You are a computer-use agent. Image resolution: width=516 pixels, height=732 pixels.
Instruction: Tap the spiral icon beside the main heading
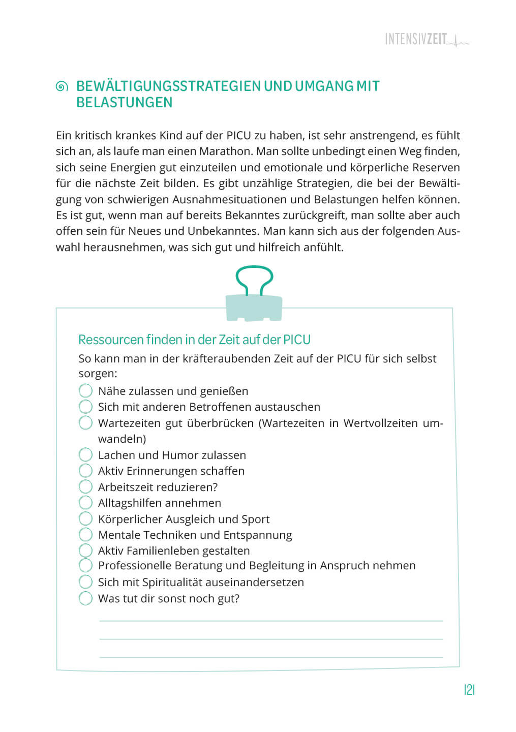(62, 87)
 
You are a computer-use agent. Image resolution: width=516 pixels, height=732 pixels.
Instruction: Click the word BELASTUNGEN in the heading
(125, 102)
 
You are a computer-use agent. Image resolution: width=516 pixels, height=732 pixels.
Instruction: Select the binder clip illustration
(254, 295)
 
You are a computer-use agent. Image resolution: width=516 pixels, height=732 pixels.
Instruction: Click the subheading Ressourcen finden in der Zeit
(194, 339)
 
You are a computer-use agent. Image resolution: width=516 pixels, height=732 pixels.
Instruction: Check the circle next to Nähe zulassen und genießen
(85, 391)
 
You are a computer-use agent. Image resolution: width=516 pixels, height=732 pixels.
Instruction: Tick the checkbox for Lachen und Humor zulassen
(85, 455)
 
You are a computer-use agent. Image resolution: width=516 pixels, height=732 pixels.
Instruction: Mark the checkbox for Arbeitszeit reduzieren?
(85, 487)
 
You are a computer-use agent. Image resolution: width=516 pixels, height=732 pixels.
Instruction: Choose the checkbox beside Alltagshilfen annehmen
(85, 503)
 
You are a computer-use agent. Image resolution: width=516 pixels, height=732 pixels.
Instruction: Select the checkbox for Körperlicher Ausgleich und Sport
(85, 519)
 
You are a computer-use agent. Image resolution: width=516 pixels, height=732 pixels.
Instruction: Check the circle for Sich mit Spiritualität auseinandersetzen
(85, 582)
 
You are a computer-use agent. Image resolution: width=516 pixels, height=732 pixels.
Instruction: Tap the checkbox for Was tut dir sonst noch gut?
(85, 598)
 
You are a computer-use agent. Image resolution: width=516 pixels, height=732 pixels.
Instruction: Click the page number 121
(469, 690)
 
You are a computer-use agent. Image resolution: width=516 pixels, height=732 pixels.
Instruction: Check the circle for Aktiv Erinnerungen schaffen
(85, 471)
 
